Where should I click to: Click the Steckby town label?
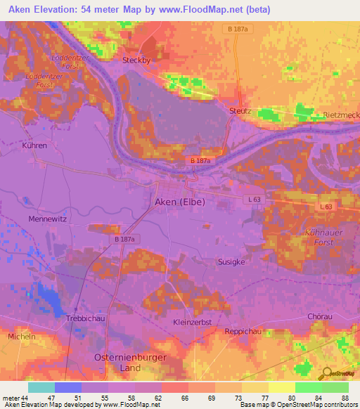(137, 60)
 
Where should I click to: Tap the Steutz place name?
(240, 111)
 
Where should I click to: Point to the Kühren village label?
(34, 145)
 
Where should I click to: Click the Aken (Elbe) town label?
(179, 202)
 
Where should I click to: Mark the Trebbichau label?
(84, 318)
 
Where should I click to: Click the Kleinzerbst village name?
(193, 322)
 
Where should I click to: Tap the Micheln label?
(20, 337)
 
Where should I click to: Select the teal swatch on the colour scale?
(41, 387)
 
